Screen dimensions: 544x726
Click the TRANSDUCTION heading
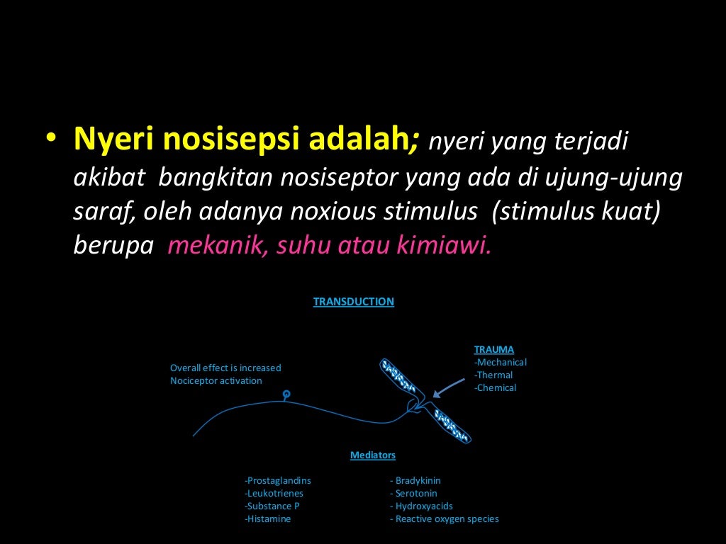pyautogui.click(x=353, y=302)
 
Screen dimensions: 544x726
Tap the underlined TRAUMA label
pyautogui.click(x=493, y=349)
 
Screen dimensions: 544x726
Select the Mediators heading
pyautogui.click(x=372, y=455)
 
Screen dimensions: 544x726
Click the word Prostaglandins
pyautogui.click(x=278, y=480)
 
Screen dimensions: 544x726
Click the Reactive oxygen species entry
pyautogui.click(x=444, y=518)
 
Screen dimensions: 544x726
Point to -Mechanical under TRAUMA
pyautogui.click(x=500, y=362)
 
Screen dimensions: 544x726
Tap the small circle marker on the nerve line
pyautogui.click(x=286, y=394)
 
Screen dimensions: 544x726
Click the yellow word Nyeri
pyautogui.click(x=106, y=140)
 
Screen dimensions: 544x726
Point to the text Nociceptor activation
pyautogui.click(x=216, y=380)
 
